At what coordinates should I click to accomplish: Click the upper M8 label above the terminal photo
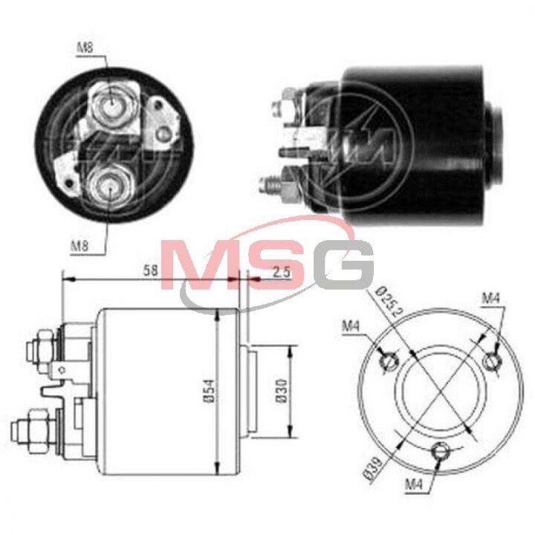pos(85,48)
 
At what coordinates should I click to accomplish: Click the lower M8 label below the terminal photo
pos(80,246)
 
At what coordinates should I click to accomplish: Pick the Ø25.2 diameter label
pos(389,302)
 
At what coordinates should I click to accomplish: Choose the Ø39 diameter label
pos(373,469)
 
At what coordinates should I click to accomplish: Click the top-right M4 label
pos(490,299)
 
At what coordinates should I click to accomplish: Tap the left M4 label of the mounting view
pos(351,327)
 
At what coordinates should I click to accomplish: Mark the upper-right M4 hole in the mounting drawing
pos(492,361)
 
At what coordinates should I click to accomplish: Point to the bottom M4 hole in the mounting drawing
pos(440,452)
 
